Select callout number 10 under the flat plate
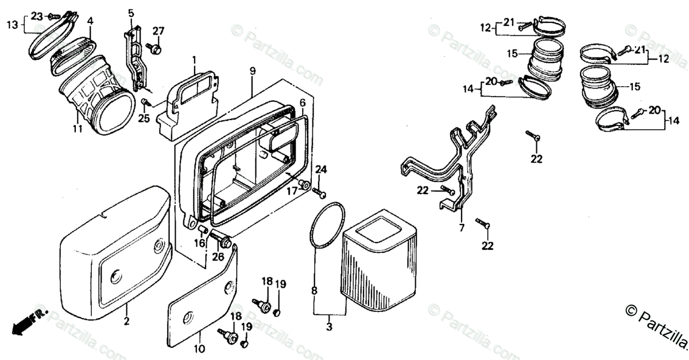(x=199, y=348)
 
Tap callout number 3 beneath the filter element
(x=329, y=327)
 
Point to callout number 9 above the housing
(x=252, y=71)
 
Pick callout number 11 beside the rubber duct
(x=78, y=129)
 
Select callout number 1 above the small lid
(x=194, y=59)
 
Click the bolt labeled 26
(x=221, y=236)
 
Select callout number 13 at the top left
(x=13, y=24)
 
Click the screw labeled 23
(x=55, y=16)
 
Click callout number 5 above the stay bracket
(x=131, y=13)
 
